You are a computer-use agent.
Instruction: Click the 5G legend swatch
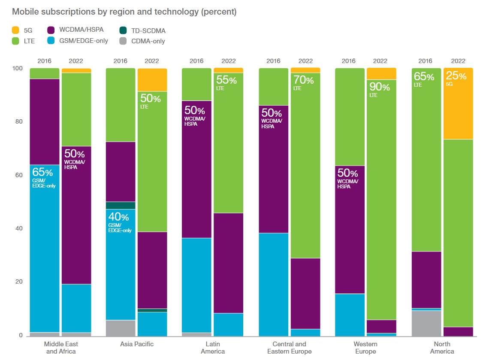click(16, 30)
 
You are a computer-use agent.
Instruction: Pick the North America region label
click(442, 348)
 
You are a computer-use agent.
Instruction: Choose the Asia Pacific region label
click(136, 344)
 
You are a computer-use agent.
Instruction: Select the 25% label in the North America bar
click(456, 76)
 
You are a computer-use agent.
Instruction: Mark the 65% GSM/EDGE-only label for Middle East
click(43, 173)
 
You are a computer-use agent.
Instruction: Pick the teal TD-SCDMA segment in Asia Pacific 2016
click(121, 205)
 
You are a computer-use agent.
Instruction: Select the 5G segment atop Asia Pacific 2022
click(152, 80)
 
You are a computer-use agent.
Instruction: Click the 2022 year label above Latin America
click(228, 61)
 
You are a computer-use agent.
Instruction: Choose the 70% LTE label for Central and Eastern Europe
click(302, 80)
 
